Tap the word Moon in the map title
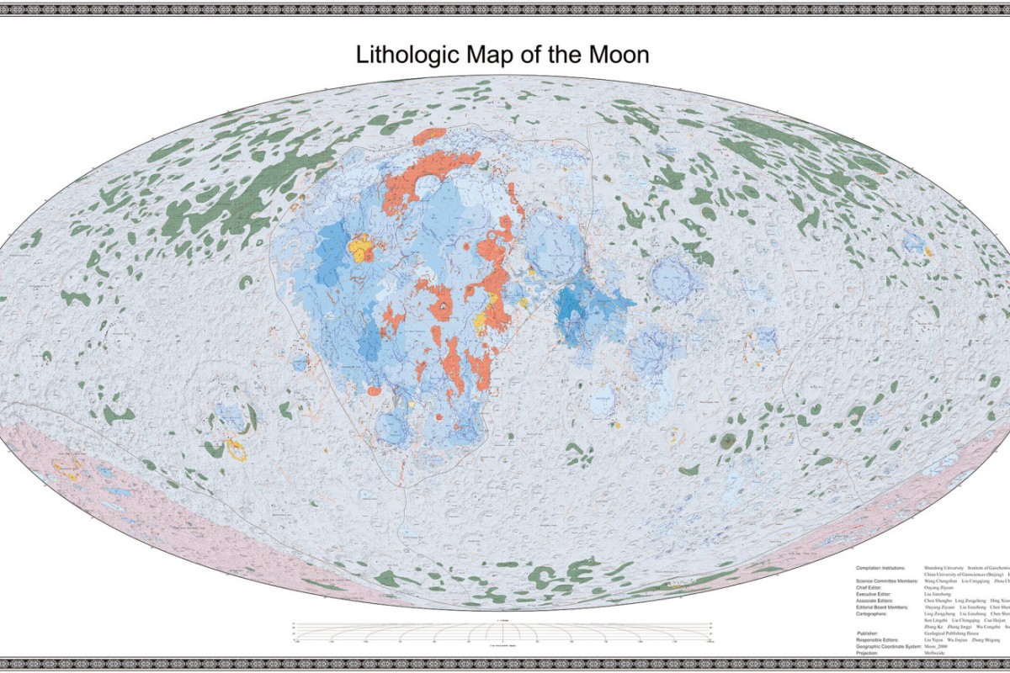click(x=619, y=56)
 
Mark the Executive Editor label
click(x=874, y=595)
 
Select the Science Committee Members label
click(x=888, y=581)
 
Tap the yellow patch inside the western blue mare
click(x=362, y=247)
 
